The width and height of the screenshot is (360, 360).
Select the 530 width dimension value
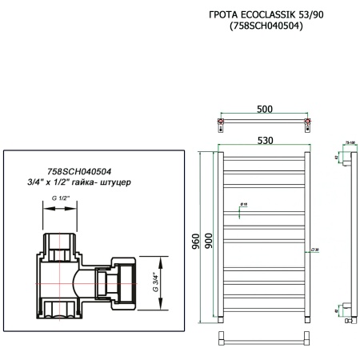264,140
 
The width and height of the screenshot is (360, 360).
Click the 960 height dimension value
196,240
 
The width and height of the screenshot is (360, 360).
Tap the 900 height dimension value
209,240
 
